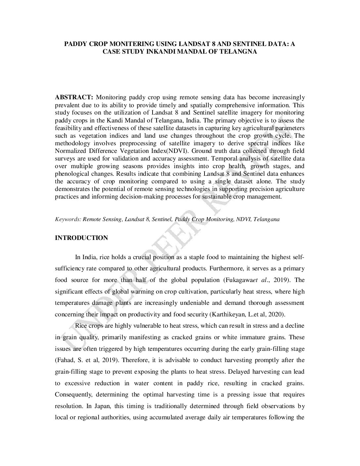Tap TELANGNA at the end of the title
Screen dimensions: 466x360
point(241,52)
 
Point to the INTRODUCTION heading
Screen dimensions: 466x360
point(81,238)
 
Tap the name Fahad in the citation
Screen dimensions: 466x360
point(65,360)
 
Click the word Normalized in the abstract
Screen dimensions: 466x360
point(69,151)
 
